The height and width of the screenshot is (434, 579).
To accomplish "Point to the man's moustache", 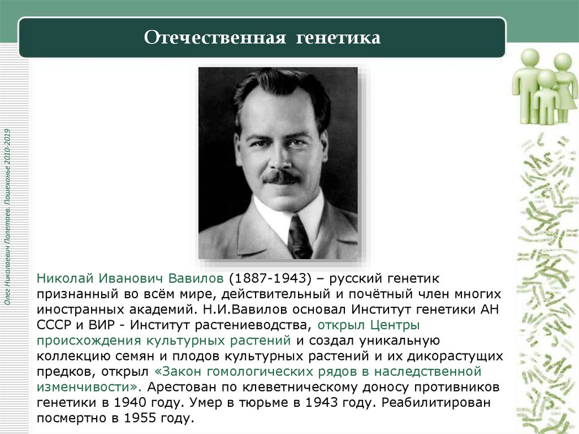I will tap(282, 177).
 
